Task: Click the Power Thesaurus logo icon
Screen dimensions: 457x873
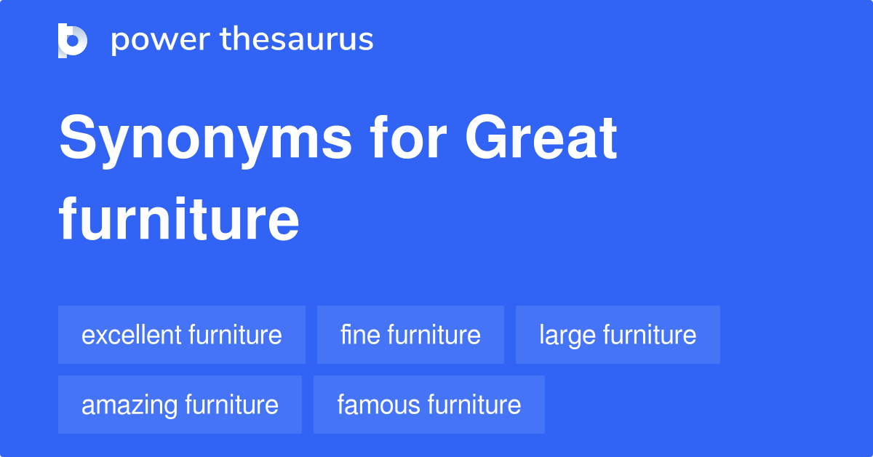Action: [73, 40]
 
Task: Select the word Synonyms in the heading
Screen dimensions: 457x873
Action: [206, 140]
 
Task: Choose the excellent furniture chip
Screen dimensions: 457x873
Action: [182, 335]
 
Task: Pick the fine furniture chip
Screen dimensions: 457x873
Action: [410, 335]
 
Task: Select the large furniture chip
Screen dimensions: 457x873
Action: [618, 335]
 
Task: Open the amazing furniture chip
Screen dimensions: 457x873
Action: [180, 405]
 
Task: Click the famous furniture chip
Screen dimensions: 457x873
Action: [428, 405]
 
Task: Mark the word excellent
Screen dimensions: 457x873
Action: [131, 335]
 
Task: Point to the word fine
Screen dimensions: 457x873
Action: [360, 335]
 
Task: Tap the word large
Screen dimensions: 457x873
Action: [562, 335]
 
